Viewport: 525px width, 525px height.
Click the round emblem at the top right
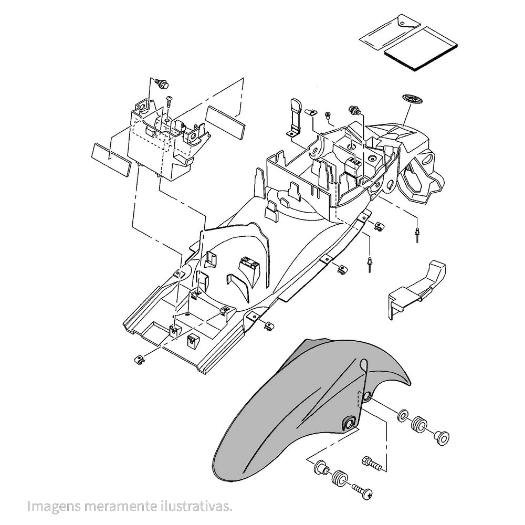[x=412, y=99]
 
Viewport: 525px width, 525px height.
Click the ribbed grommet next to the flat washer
[x=418, y=423]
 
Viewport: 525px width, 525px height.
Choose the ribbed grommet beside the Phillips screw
[x=340, y=478]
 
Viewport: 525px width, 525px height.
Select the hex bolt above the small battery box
[x=162, y=83]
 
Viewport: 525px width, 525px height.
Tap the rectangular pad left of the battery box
[x=110, y=159]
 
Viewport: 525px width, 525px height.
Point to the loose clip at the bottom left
[x=139, y=360]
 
